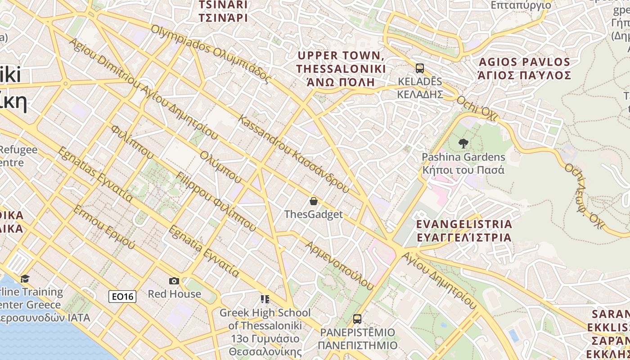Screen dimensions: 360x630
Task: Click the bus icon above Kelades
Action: [x=419, y=68]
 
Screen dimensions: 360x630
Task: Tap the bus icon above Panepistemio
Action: [x=357, y=319]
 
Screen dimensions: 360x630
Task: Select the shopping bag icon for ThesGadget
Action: [x=314, y=201]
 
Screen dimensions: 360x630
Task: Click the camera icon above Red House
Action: [x=174, y=281]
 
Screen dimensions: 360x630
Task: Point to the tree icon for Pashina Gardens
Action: [x=463, y=144]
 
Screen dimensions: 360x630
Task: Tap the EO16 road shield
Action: [x=122, y=297]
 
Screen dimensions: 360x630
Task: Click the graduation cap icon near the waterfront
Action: [x=25, y=279]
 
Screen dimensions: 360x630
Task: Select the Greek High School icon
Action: [x=265, y=299]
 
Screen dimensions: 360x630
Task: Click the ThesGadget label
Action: [x=314, y=215]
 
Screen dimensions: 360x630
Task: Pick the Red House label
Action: [x=175, y=294]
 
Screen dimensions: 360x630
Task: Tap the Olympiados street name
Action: [x=211, y=54]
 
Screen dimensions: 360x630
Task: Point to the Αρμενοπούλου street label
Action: [x=340, y=265]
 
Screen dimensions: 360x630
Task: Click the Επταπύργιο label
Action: [x=521, y=5]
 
